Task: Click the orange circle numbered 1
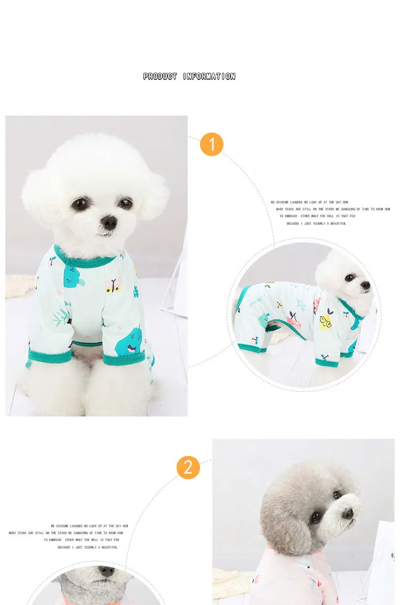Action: pos(211,144)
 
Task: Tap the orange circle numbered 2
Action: pos(188,467)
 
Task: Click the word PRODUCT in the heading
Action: pos(160,77)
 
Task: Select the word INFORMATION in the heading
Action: pos(209,77)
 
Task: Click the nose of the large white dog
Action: pos(109,222)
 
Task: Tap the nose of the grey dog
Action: pos(347,513)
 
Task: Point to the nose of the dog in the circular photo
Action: pos(366,285)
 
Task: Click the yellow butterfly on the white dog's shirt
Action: pos(113,286)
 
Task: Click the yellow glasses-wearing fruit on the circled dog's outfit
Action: pos(325,321)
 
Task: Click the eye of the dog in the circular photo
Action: pos(350,277)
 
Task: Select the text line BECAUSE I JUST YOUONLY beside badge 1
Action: pos(316,224)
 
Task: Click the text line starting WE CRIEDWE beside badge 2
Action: pos(89,526)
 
